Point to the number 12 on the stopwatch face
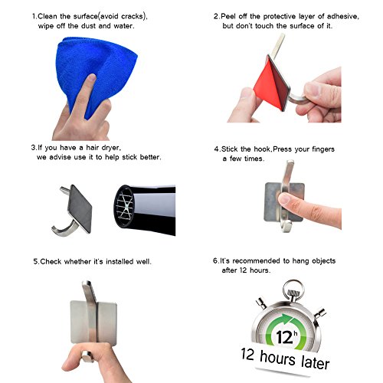point(284,337)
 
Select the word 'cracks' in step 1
point(132,16)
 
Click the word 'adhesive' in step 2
point(342,17)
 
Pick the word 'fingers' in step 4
point(323,149)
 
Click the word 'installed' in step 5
point(119,262)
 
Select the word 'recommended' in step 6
point(256,261)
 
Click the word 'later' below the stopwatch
point(316,362)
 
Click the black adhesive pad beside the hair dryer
point(80,208)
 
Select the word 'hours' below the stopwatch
point(277,357)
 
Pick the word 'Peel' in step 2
point(228,16)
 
